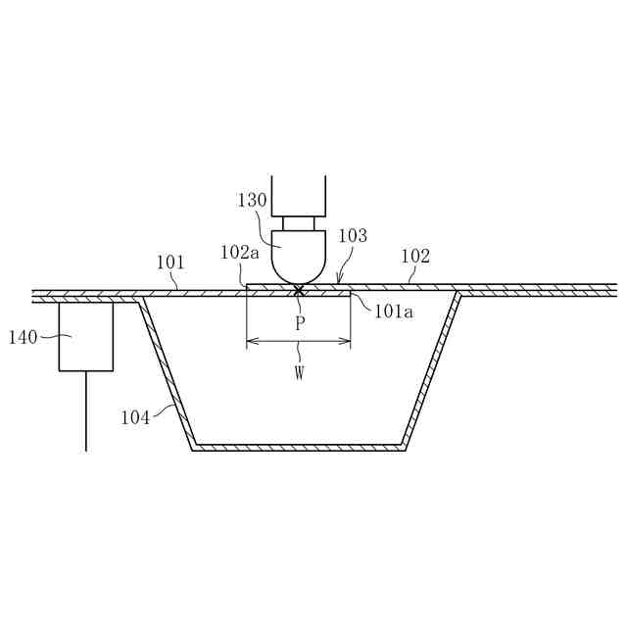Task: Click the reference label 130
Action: (x=252, y=200)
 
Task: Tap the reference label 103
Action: (x=353, y=236)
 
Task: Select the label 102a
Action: (x=240, y=253)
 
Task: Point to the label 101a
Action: (x=394, y=312)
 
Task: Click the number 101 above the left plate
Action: (x=170, y=263)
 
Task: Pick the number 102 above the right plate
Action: (x=415, y=257)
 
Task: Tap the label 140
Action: (x=24, y=337)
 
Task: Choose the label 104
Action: (x=135, y=418)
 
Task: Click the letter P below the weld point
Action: (x=300, y=323)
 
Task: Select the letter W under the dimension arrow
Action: (x=299, y=373)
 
